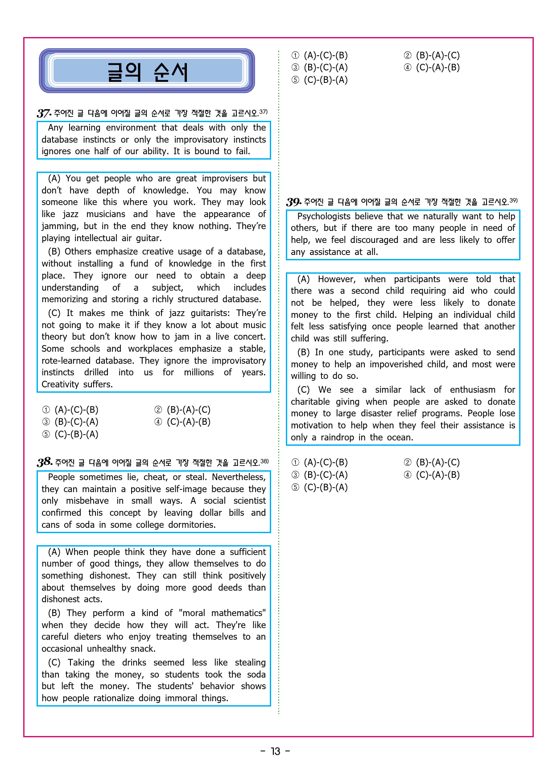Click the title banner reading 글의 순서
[x=147, y=71]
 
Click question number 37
[x=44, y=113]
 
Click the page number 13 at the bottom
[x=276, y=752]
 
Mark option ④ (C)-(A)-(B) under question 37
[x=182, y=422]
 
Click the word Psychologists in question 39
[x=324, y=216]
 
